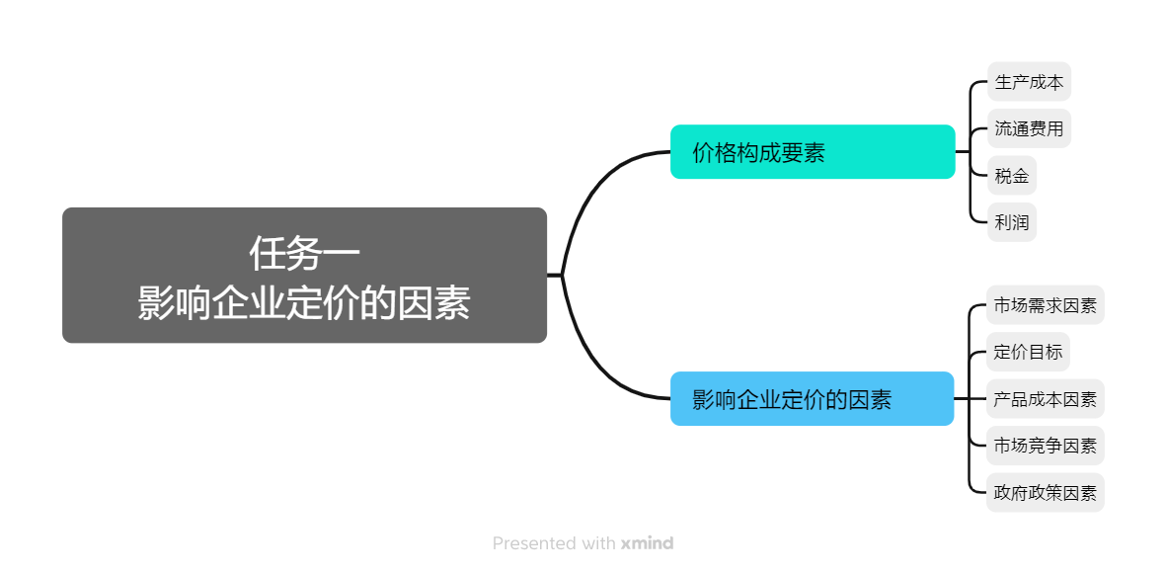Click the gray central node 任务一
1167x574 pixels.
pyautogui.click(x=304, y=275)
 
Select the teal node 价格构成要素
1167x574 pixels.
pyautogui.click(x=812, y=152)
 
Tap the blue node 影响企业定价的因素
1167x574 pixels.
pyautogui.click(x=812, y=399)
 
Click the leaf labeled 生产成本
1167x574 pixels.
pyautogui.click(x=1029, y=82)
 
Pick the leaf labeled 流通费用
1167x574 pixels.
pyautogui.click(x=1029, y=128)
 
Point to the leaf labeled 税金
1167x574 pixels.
pyautogui.click(x=1012, y=176)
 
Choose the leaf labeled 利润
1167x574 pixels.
pyautogui.click(x=1012, y=222)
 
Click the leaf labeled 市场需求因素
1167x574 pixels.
pyautogui.click(x=1045, y=305)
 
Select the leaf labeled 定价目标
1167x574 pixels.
pyautogui.click(x=1028, y=352)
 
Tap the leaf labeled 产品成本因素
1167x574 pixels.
pyautogui.click(x=1045, y=399)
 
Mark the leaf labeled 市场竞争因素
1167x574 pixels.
pyautogui.click(x=1045, y=446)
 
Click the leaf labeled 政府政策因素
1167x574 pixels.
pyautogui.click(x=1045, y=493)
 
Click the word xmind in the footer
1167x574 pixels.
pyautogui.click(x=647, y=543)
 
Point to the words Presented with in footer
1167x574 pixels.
pyautogui.click(x=554, y=543)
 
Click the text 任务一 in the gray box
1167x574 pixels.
pyautogui.click(x=304, y=253)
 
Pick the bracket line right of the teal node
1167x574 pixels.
pyautogui.click(x=972, y=152)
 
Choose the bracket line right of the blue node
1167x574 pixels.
pyautogui.click(x=972, y=399)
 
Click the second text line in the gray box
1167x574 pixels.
pyautogui.click(x=304, y=303)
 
